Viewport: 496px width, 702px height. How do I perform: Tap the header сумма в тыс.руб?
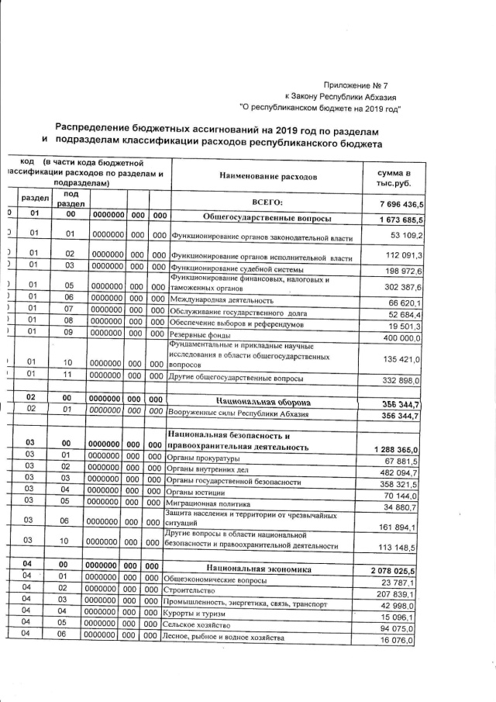tap(393, 177)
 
